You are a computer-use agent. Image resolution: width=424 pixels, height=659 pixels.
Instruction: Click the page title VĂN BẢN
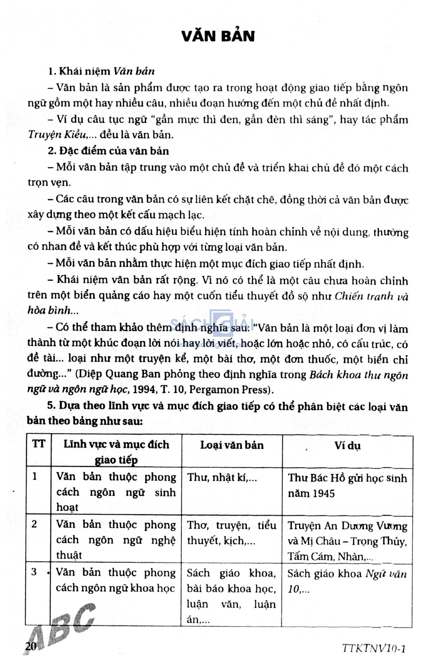point(218,36)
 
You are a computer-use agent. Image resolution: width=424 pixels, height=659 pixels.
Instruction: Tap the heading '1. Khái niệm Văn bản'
point(101,71)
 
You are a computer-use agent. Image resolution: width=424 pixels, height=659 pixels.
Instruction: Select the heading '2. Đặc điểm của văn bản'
point(108,151)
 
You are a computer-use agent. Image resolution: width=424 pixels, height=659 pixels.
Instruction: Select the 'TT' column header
point(39,445)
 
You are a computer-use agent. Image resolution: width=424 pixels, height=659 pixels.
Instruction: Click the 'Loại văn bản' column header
point(232,445)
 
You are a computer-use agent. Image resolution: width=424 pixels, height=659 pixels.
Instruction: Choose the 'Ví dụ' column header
point(347,446)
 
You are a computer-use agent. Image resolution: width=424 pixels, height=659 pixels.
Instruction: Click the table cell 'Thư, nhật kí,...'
point(222,478)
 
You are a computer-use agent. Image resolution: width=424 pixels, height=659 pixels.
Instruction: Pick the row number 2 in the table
point(34,524)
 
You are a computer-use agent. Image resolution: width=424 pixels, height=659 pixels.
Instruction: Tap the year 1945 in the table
point(323,494)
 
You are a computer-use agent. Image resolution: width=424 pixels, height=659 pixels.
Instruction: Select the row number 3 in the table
point(34,572)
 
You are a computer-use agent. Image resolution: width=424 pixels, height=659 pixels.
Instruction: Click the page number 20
point(31,646)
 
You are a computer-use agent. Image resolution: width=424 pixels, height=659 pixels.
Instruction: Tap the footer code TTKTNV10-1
point(374,648)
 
